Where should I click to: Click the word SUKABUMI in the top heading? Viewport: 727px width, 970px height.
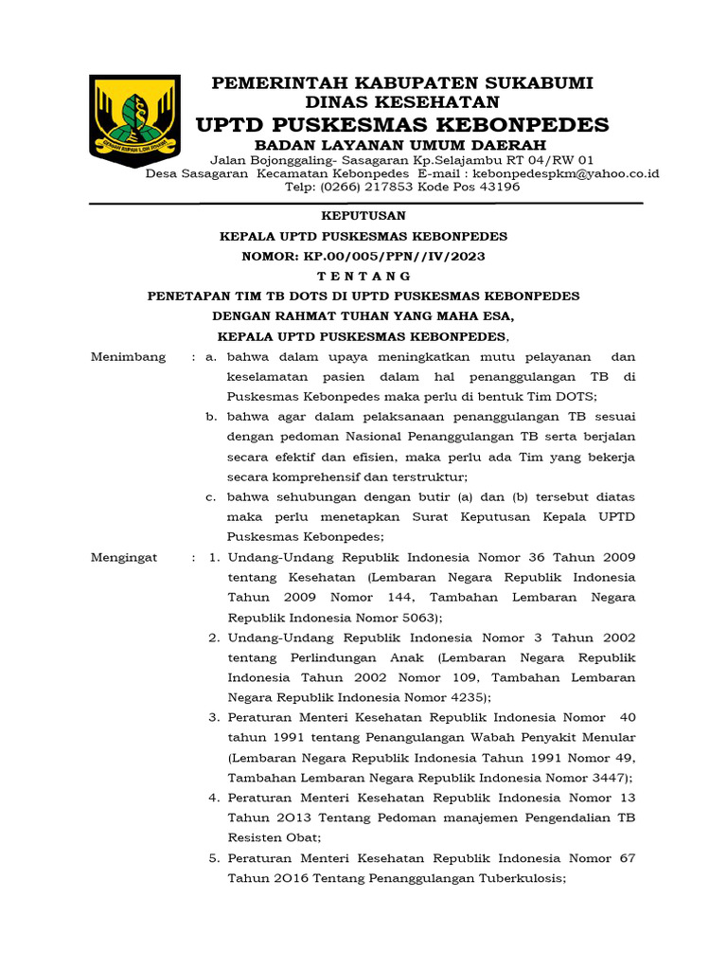coord(533,83)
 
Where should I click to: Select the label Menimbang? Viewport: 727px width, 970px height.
coord(128,357)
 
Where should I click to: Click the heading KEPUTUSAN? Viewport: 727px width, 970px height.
coord(363,216)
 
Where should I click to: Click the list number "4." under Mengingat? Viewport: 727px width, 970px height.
coord(214,798)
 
